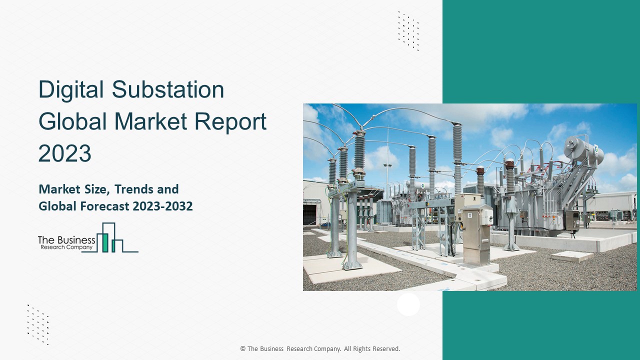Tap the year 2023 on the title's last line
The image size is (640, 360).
point(64,153)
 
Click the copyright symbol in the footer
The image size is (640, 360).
point(243,349)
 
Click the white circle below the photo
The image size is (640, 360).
point(408,304)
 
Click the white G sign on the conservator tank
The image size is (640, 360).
point(595,148)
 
